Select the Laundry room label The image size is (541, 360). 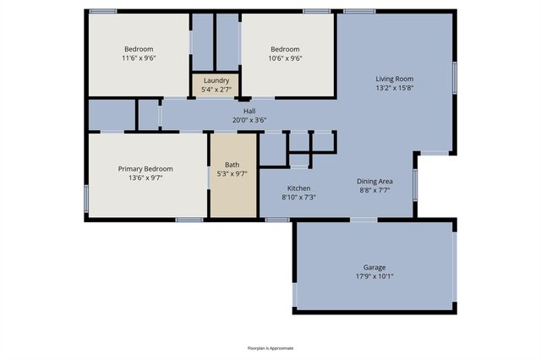[x=216, y=80]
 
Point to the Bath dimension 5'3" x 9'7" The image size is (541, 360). [x=232, y=175]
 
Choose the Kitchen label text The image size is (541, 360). [x=301, y=188]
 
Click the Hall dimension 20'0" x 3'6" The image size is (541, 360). [x=249, y=120]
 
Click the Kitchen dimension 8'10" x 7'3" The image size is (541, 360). [x=301, y=197]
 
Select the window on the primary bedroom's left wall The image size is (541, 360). [x=86, y=196]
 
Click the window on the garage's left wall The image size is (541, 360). [x=294, y=294]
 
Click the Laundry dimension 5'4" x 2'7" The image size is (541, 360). [x=216, y=90]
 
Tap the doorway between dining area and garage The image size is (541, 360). [x=364, y=220]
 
